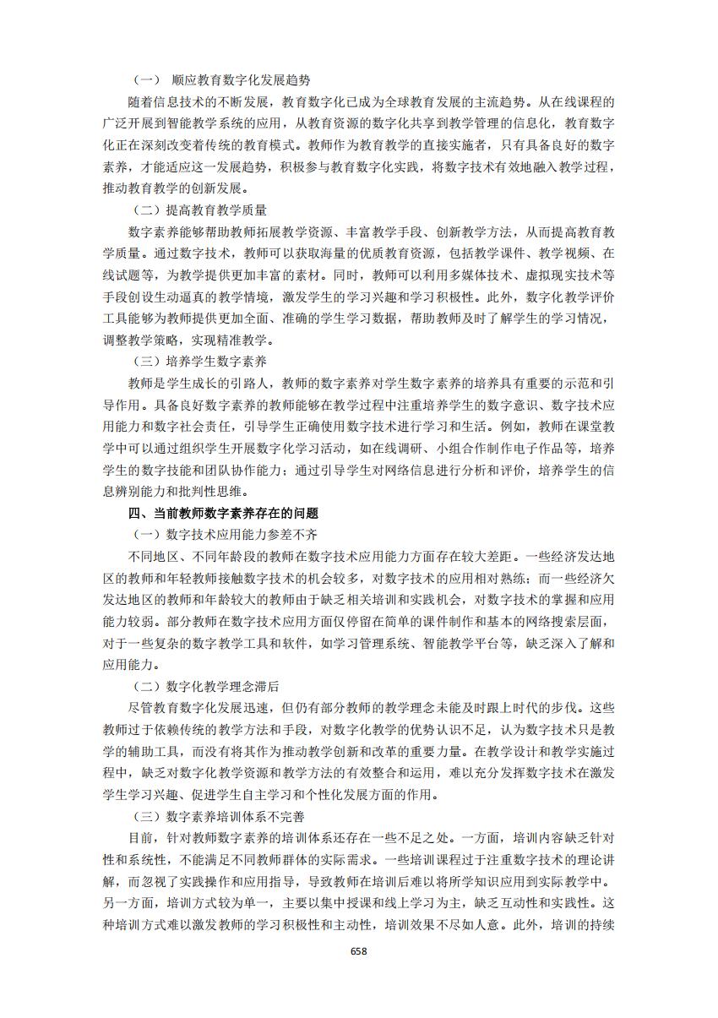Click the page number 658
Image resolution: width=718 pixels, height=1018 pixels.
(359, 951)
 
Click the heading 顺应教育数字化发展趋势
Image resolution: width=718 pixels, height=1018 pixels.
(240, 80)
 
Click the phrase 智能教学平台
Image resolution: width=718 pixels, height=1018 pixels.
(521, 643)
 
